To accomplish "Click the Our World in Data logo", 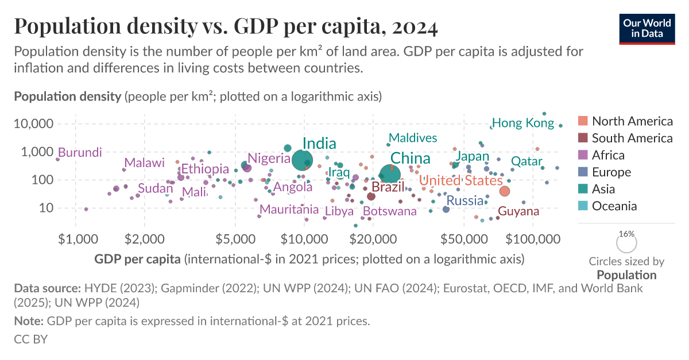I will [647, 27].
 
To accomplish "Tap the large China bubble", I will [391, 173].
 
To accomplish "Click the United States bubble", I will [505, 191].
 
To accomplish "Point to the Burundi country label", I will [80, 153].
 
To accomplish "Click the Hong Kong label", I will [523, 123].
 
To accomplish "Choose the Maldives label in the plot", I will [413, 138].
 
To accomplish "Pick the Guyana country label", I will [518, 211].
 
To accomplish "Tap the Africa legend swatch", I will [583, 155].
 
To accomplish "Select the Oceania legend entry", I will [614, 206].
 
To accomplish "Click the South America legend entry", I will [632, 138].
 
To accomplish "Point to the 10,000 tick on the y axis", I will [33, 124].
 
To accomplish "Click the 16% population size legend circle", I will [626, 243].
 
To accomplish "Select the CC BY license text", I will [30, 339].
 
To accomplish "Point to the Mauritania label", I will [289, 210].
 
